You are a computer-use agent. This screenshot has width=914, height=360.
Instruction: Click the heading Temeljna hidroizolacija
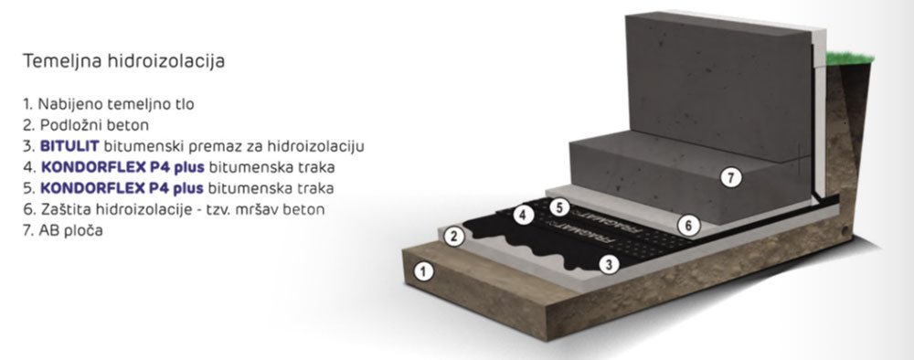[123, 62]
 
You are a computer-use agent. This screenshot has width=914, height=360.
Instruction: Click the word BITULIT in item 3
[65, 146]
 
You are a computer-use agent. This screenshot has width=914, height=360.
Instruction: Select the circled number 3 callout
[605, 263]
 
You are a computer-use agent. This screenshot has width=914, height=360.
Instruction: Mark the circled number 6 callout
[690, 224]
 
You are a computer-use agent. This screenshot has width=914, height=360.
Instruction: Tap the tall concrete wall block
[722, 82]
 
